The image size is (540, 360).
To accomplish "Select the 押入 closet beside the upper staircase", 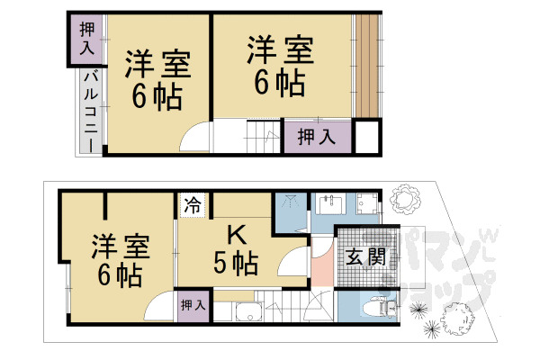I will pos(316,137).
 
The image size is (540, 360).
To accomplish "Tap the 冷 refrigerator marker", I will pos(192,205).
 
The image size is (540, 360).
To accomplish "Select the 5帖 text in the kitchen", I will pos(237,264).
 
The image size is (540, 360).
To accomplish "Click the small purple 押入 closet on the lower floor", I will pos(193,305).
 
